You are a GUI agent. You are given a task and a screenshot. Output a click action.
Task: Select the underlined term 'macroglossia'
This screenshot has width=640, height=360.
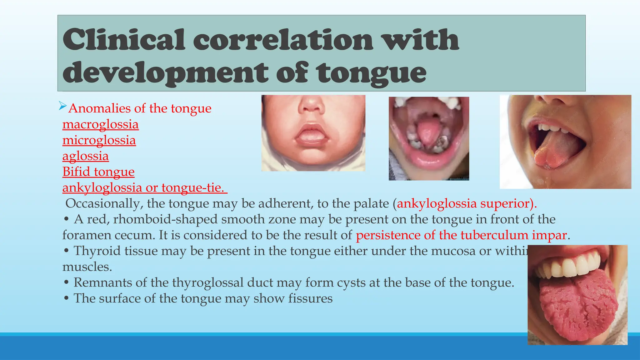100,124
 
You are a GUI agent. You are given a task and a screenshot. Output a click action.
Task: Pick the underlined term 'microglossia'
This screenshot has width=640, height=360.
99,140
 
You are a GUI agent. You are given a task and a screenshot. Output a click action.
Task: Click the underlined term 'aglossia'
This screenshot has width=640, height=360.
85,156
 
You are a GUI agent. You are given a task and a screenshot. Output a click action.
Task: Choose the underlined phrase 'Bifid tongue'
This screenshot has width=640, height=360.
98,172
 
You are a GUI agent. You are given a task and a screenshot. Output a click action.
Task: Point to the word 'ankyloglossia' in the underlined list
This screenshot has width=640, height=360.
102,188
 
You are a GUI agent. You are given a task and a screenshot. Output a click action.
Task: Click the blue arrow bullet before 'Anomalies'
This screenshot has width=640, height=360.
62,106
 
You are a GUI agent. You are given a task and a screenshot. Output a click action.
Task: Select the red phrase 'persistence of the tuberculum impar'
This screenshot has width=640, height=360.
461,235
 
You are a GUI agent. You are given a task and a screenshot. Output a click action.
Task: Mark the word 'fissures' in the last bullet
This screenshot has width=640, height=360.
310,298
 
